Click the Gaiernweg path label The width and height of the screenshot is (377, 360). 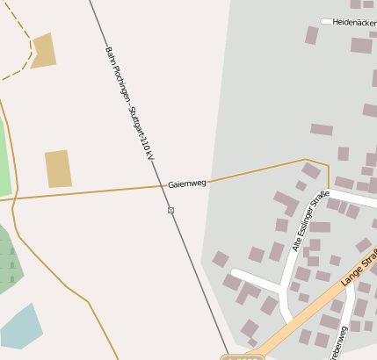click(186, 184)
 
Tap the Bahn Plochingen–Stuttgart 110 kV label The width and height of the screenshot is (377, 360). click(129, 103)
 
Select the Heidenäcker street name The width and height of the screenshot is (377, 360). click(354, 22)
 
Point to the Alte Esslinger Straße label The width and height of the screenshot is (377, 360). click(311, 220)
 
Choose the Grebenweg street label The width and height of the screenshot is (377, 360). click(339, 342)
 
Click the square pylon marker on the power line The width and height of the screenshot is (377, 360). click(170, 210)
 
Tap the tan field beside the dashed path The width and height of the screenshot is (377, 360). click(42, 51)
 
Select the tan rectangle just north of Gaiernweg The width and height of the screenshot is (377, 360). click(58, 169)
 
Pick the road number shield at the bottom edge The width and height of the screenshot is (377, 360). click(242, 356)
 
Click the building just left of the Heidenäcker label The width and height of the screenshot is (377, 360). click(311, 35)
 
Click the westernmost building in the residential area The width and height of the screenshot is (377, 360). click(221, 259)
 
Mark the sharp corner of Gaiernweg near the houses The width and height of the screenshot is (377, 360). click(328, 164)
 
